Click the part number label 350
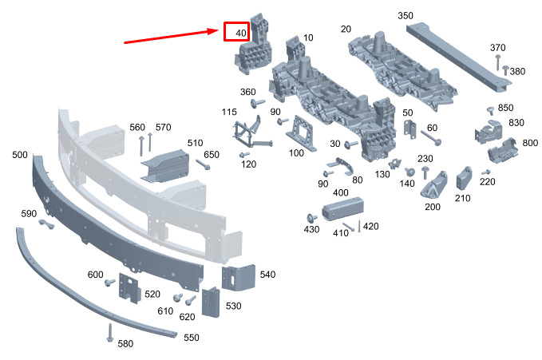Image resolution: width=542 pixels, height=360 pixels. pos(406,15)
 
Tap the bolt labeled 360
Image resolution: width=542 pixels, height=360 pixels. pos(258,103)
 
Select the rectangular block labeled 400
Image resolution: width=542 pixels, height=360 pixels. pos(343,208)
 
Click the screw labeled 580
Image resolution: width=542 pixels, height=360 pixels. pos(110,332)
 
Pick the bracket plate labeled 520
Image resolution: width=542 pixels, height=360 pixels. pos(129,288)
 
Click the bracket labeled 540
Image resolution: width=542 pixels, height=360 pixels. pos(239,278)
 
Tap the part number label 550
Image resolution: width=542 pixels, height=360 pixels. pos(191,337)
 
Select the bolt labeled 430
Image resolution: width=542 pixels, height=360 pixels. pos(312,218)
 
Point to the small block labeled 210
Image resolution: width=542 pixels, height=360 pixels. pos(464,178)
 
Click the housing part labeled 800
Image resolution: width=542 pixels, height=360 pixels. pos(503,150)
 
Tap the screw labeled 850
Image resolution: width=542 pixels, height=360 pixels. pos(490,111)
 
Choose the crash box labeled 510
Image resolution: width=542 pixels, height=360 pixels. pos(165,166)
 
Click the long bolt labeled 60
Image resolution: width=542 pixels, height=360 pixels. pos(431,137)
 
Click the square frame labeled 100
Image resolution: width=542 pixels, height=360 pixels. pos(300,134)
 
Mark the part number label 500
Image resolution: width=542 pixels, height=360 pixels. pos(20,155)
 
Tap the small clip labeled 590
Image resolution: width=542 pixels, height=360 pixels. pos(46,224)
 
